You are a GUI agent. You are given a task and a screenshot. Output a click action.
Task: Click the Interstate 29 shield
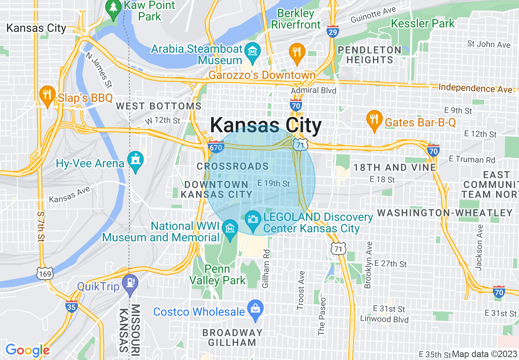[x=333, y=32]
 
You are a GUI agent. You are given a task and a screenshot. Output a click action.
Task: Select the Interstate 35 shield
[x=72, y=306]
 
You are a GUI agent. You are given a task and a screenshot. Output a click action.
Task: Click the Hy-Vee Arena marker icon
[x=135, y=160]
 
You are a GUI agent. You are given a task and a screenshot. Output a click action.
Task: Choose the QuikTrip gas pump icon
[x=131, y=283]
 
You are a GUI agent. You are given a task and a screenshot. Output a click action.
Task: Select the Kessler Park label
[x=423, y=23]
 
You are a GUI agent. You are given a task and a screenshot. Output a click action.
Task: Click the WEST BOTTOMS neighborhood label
[x=159, y=106]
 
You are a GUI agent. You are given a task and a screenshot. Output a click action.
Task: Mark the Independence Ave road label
[x=475, y=88]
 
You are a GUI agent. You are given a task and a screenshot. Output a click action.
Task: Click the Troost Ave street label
[x=301, y=290]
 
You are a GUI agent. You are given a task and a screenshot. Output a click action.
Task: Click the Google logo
[x=27, y=350]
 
